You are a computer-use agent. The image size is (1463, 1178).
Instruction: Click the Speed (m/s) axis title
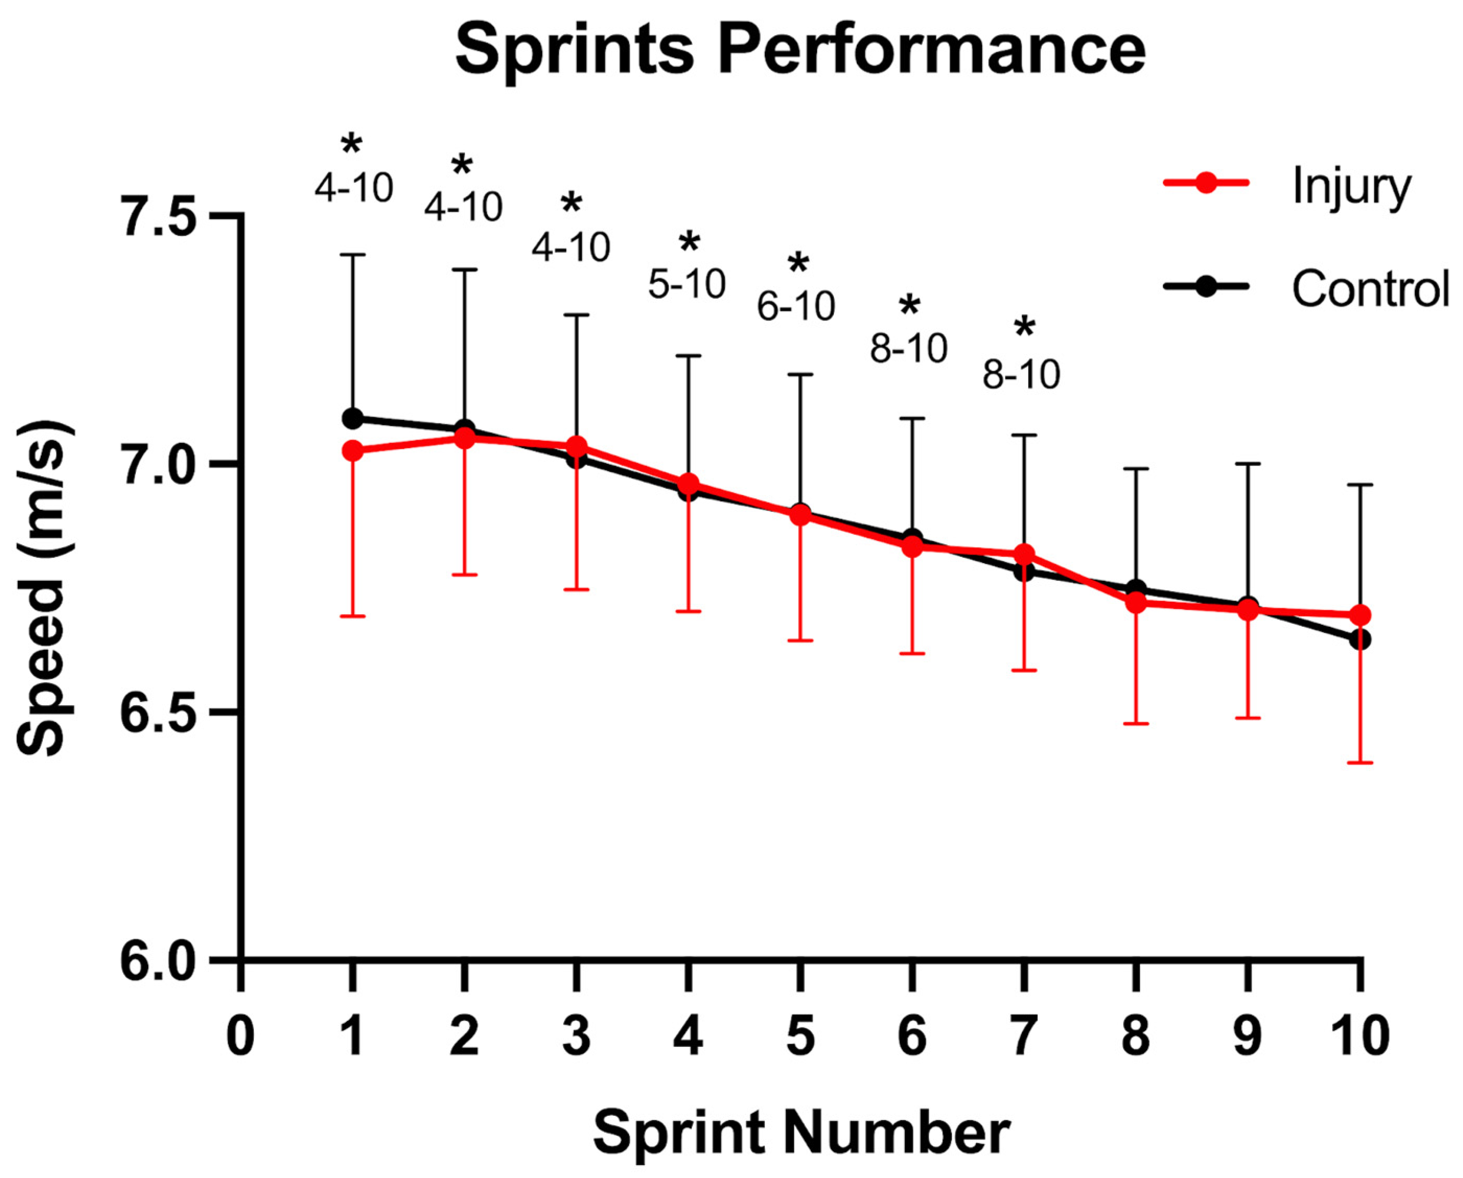(42, 588)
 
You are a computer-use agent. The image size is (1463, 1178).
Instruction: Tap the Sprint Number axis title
(800, 1133)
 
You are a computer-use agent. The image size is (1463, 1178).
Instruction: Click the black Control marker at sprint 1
(352, 418)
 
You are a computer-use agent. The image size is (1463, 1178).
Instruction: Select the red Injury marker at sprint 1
(352, 451)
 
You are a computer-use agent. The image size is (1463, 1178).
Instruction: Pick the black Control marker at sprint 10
(1360, 639)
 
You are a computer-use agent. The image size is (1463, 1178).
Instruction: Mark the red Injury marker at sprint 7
(1024, 554)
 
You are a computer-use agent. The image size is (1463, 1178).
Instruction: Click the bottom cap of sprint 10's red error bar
(1360, 763)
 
